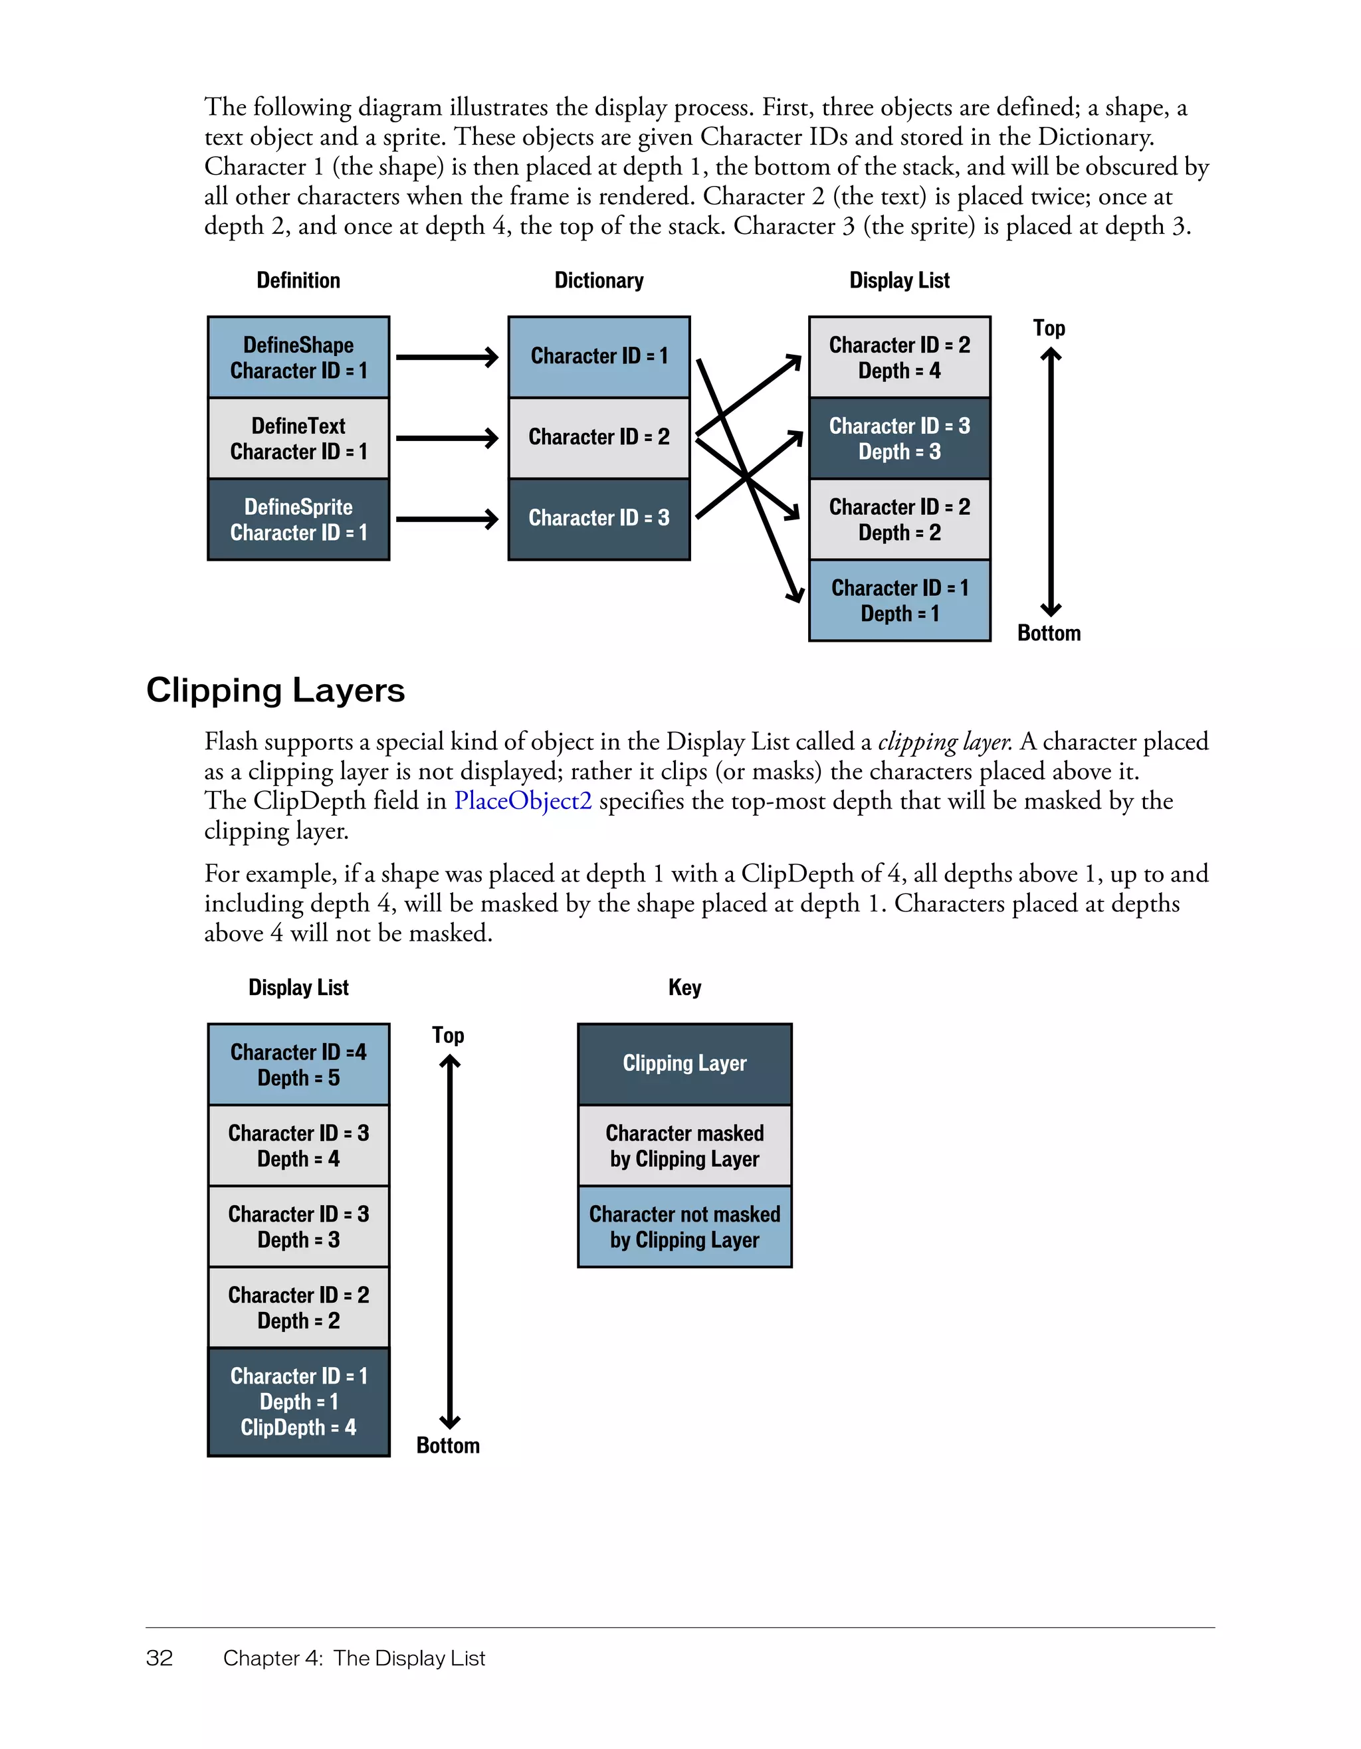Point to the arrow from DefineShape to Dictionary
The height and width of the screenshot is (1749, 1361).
[x=447, y=357]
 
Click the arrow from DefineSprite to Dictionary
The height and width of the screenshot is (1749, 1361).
[x=447, y=519]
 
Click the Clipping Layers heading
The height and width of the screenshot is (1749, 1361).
[x=276, y=690]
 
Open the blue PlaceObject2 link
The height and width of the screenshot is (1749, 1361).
[x=522, y=801]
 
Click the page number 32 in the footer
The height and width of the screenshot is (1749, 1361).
[x=159, y=1658]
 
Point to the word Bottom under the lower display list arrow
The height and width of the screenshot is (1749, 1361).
[x=448, y=1445]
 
